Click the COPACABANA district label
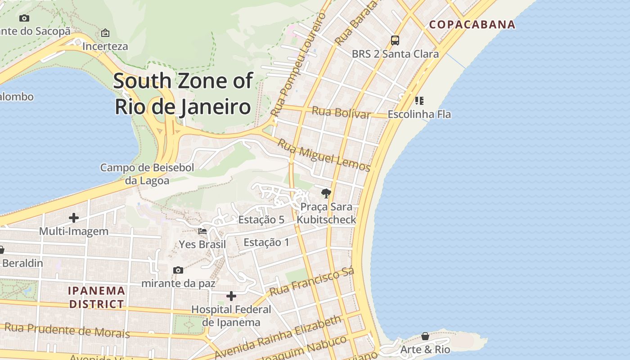472,24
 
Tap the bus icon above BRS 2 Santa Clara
395,40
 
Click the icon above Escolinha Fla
419,100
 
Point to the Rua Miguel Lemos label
324,156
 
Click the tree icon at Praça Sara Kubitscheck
326,193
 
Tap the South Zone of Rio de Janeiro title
183,94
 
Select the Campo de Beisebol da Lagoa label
147,174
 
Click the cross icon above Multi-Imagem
74,218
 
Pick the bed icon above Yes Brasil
202,231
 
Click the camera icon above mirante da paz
178,270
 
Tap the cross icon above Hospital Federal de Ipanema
231,296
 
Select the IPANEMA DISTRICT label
96,297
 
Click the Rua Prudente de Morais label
67,330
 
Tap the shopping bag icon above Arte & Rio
425,336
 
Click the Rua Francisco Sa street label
312,282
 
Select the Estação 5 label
261,220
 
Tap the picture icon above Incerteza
105,33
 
